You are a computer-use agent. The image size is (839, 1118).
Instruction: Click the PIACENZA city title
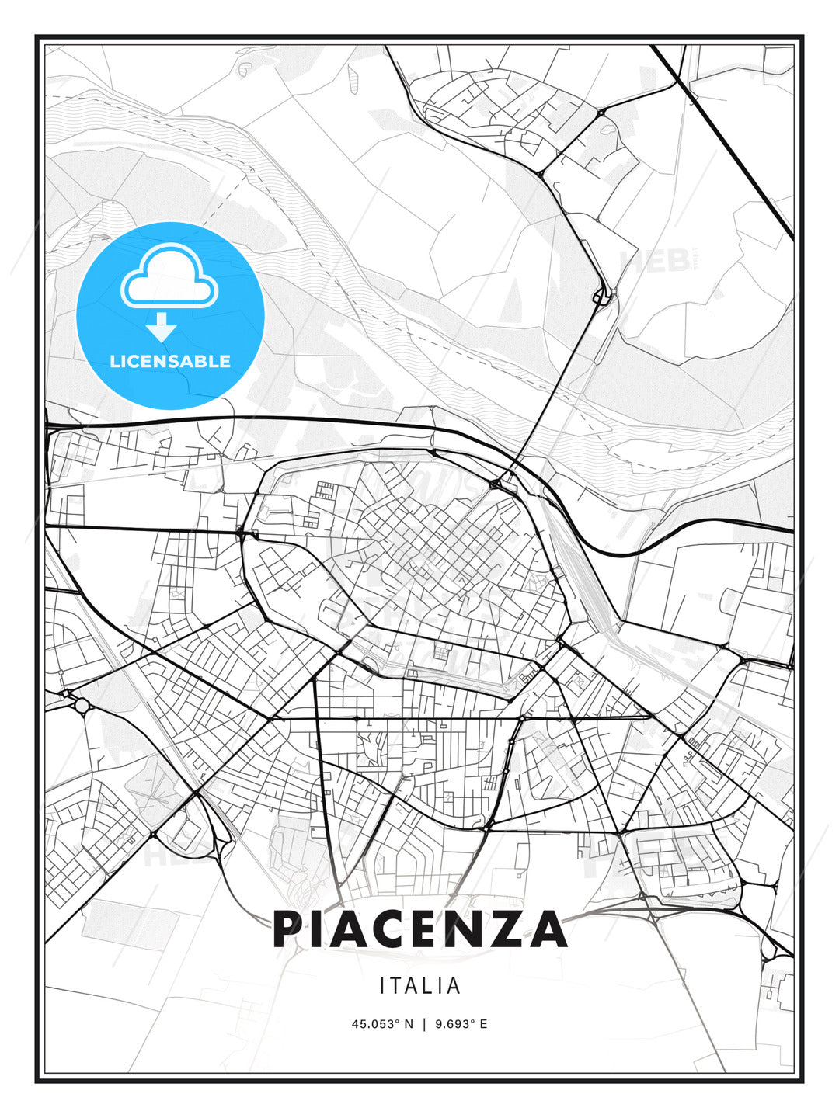[x=419, y=929]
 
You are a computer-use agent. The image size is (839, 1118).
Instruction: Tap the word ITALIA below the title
[x=420, y=986]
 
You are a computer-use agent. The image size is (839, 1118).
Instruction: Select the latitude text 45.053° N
[x=382, y=1024]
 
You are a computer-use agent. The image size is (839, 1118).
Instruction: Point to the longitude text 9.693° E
[x=461, y=1024]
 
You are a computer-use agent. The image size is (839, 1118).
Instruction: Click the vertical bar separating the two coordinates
[x=424, y=1024]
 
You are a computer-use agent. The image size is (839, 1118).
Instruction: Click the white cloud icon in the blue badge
[x=169, y=276]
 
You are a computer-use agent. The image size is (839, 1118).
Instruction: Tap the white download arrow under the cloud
[x=162, y=327]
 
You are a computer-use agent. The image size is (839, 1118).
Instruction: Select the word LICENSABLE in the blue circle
[x=170, y=361]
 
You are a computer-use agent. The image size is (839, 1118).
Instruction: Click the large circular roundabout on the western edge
[x=82, y=705]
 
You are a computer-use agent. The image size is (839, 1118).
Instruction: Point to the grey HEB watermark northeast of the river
[x=653, y=262]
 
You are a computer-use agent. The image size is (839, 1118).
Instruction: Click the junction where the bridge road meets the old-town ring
[x=496, y=484]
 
